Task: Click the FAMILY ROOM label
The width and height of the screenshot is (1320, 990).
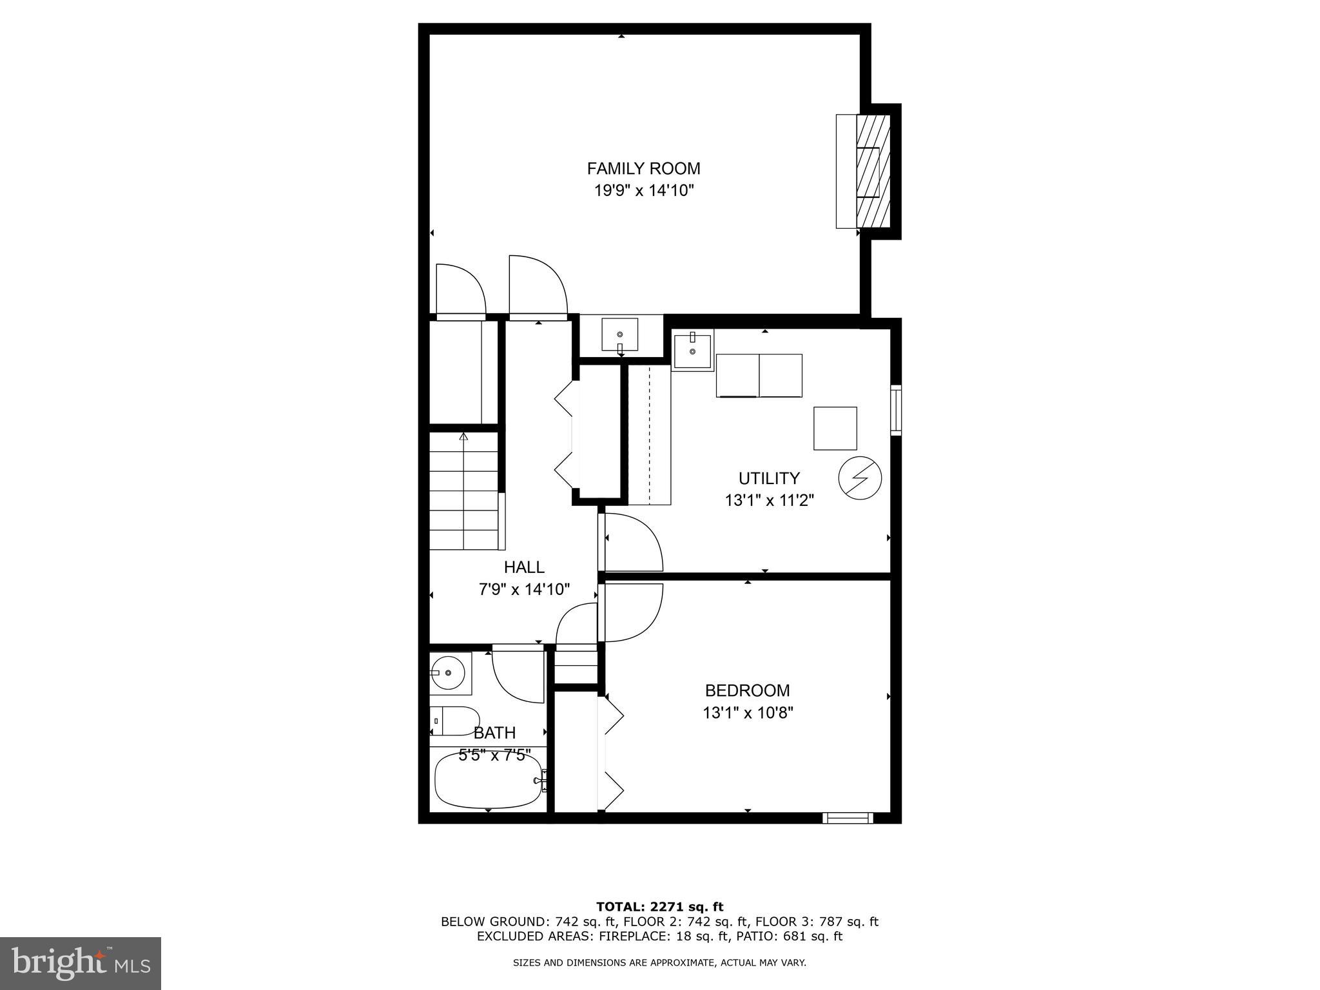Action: point(643,169)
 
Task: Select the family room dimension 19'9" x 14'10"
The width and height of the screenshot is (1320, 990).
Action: point(643,191)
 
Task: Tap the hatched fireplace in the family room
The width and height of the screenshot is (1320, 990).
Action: point(873,171)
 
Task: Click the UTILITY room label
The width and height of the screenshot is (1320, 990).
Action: point(769,478)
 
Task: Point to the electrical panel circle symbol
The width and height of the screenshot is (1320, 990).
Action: point(860,479)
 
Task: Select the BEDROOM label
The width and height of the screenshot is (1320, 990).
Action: point(747,691)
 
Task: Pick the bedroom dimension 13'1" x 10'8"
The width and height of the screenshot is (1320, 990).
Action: point(747,713)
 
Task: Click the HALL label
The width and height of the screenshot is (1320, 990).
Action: point(524,567)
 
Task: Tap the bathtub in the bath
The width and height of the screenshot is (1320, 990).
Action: point(489,780)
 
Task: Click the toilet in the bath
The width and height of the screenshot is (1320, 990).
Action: point(455,721)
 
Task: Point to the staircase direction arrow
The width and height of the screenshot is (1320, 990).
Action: point(463,436)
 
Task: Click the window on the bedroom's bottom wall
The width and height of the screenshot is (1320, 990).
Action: point(848,818)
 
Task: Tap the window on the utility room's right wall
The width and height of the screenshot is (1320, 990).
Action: point(896,409)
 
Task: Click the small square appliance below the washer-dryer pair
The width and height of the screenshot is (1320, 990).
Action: point(835,428)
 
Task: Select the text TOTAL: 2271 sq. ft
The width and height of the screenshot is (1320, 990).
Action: point(659,907)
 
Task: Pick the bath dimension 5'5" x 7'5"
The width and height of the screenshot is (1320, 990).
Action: point(494,755)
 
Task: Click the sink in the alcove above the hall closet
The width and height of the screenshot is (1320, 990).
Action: point(619,335)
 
